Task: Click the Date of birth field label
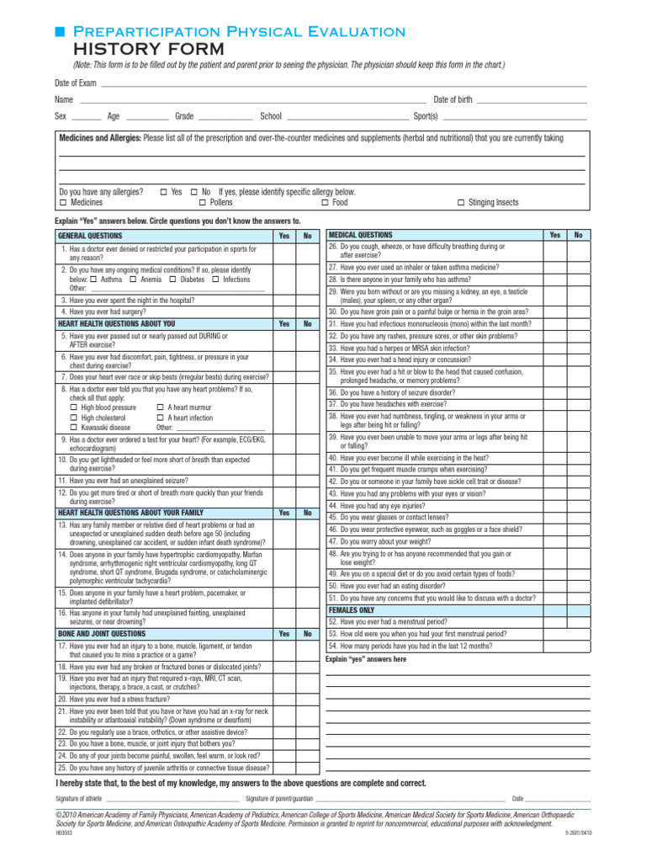[453, 100]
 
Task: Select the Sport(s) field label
[425, 116]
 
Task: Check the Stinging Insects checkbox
[462, 203]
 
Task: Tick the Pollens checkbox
[203, 203]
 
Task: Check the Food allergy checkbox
[325, 203]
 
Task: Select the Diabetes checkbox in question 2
[172, 279]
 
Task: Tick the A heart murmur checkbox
[160, 407]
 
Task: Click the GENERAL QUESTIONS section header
[90, 237]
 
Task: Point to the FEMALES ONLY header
[352, 610]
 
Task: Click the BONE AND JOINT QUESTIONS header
[101, 634]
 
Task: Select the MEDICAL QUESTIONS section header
[360, 235]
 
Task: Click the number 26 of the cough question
[333, 247]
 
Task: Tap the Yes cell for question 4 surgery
[283, 311]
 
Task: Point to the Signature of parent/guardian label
[279, 798]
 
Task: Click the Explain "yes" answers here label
[365, 659]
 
